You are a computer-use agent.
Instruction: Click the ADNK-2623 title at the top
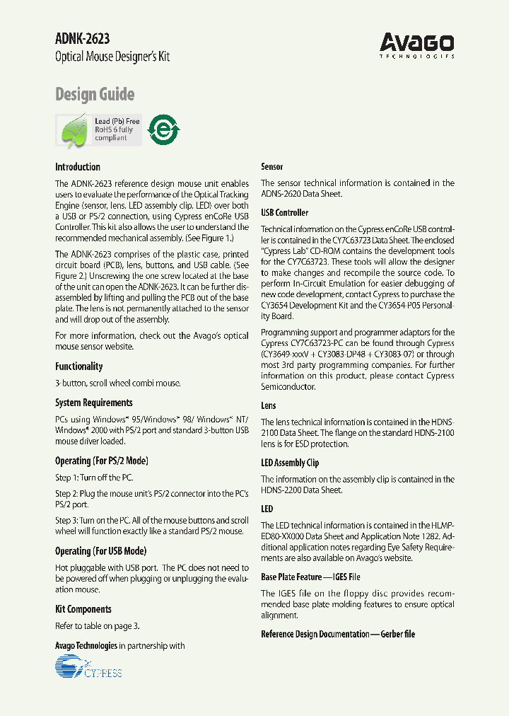[82, 40]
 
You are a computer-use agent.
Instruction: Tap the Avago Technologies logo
[416, 45]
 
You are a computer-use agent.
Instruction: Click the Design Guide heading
[95, 94]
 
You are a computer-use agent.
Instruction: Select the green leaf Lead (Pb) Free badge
[99, 130]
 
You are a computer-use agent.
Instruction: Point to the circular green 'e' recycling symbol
[163, 130]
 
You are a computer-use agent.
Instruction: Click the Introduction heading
[78, 167]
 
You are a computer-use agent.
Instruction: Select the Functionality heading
[79, 366]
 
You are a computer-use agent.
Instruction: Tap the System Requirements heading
[94, 403]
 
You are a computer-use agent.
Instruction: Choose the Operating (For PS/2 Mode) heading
[102, 461]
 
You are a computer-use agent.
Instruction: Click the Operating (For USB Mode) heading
[100, 551]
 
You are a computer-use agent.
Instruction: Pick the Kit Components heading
[83, 609]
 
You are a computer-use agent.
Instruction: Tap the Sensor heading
[272, 167]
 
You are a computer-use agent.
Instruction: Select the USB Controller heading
[285, 212]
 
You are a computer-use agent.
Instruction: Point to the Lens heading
[269, 405]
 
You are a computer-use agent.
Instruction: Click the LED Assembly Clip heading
[290, 463]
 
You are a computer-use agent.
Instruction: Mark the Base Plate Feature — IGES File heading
[310, 577]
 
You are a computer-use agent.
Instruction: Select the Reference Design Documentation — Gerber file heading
[338, 634]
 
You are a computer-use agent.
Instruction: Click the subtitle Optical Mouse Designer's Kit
[112, 57]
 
